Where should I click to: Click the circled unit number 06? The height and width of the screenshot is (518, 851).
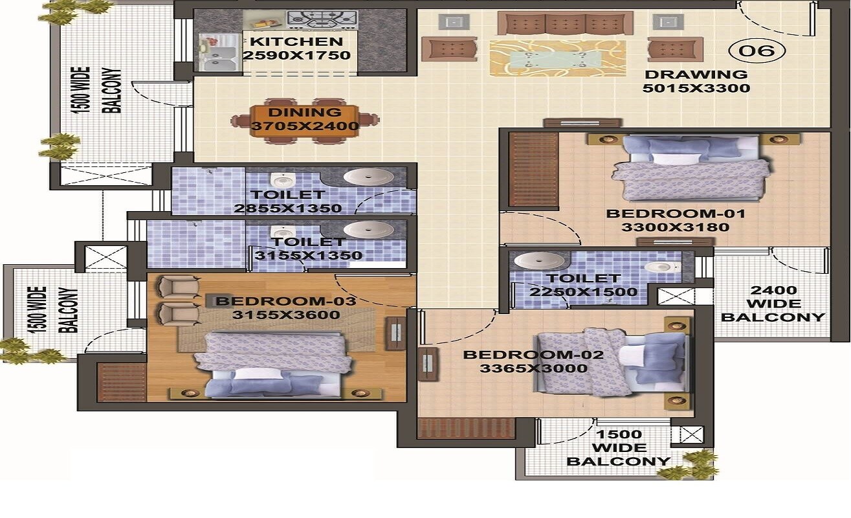point(757,50)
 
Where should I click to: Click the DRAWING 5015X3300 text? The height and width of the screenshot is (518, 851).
point(696,82)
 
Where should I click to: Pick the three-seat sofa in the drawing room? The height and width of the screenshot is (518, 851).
point(565,23)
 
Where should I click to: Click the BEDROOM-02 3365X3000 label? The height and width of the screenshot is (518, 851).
point(533,362)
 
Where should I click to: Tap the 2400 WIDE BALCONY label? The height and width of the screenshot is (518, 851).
point(773,304)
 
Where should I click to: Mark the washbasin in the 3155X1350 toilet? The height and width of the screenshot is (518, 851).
point(368,229)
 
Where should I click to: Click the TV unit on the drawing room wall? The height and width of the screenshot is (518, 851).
point(582,122)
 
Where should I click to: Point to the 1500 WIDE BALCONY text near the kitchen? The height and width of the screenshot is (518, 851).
point(98,91)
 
